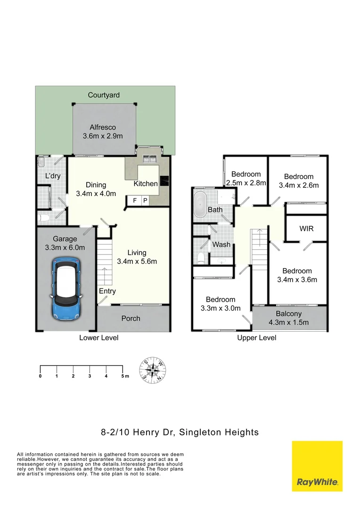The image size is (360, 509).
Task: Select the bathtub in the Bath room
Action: (199, 204)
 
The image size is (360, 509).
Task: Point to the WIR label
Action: (307, 229)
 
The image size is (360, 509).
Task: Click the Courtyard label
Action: (104, 95)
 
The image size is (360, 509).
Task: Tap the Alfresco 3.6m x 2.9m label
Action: (103, 131)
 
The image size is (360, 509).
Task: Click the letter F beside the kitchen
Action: (135, 200)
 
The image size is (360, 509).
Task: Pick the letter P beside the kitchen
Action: (145, 200)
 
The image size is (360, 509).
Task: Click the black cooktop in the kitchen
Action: (165, 181)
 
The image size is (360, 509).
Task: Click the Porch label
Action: (131, 318)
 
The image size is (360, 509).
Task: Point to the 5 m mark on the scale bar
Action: (124, 376)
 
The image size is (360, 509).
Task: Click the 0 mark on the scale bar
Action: (41, 376)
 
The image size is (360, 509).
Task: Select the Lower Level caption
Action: (98, 338)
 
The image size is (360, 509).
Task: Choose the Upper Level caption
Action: (257, 338)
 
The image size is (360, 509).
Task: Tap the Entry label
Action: (107, 291)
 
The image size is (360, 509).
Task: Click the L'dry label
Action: (53, 176)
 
